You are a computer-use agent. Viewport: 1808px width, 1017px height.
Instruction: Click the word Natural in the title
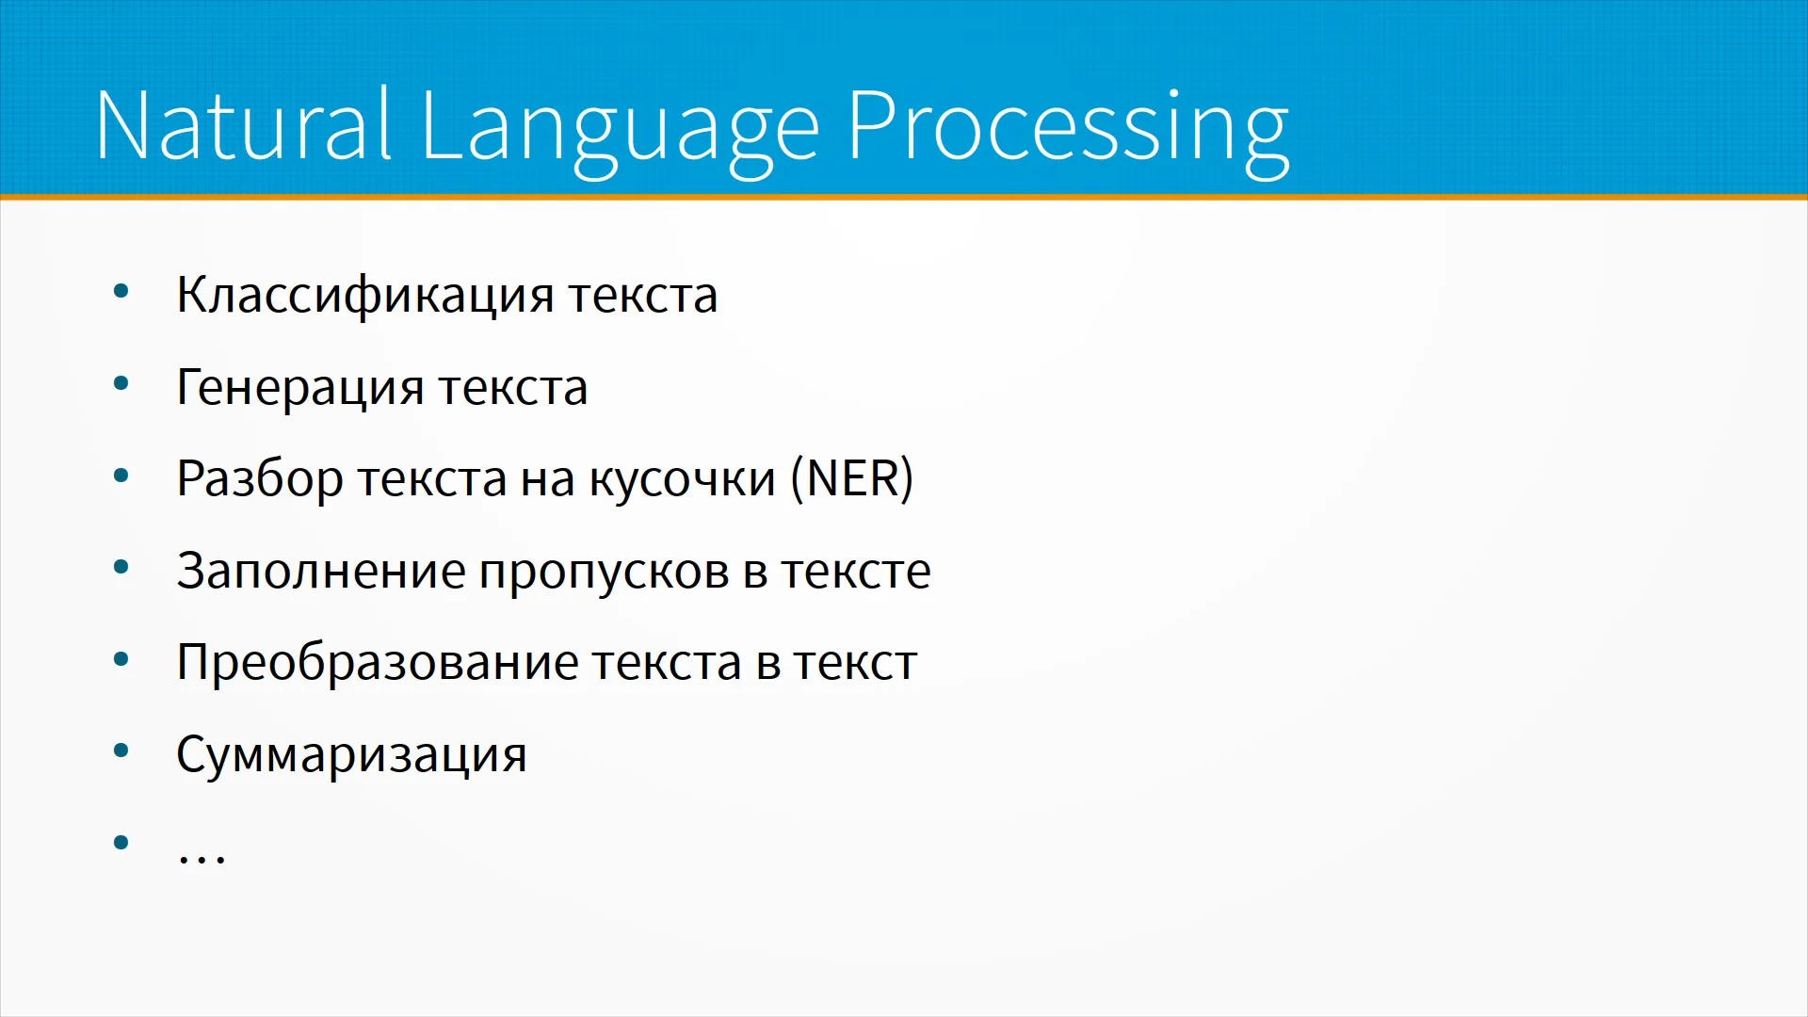tap(243, 124)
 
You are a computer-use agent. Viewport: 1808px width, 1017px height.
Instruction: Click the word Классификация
tap(365, 296)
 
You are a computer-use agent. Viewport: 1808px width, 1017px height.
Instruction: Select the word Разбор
tap(260, 479)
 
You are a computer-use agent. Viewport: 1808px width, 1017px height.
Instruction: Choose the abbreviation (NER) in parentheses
tap(852, 479)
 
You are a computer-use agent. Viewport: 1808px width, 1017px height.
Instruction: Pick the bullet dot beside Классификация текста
tap(121, 291)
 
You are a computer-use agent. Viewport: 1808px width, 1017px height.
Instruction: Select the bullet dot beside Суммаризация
tap(121, 751)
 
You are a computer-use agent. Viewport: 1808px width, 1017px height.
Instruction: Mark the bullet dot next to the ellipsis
tap(121, 842)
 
